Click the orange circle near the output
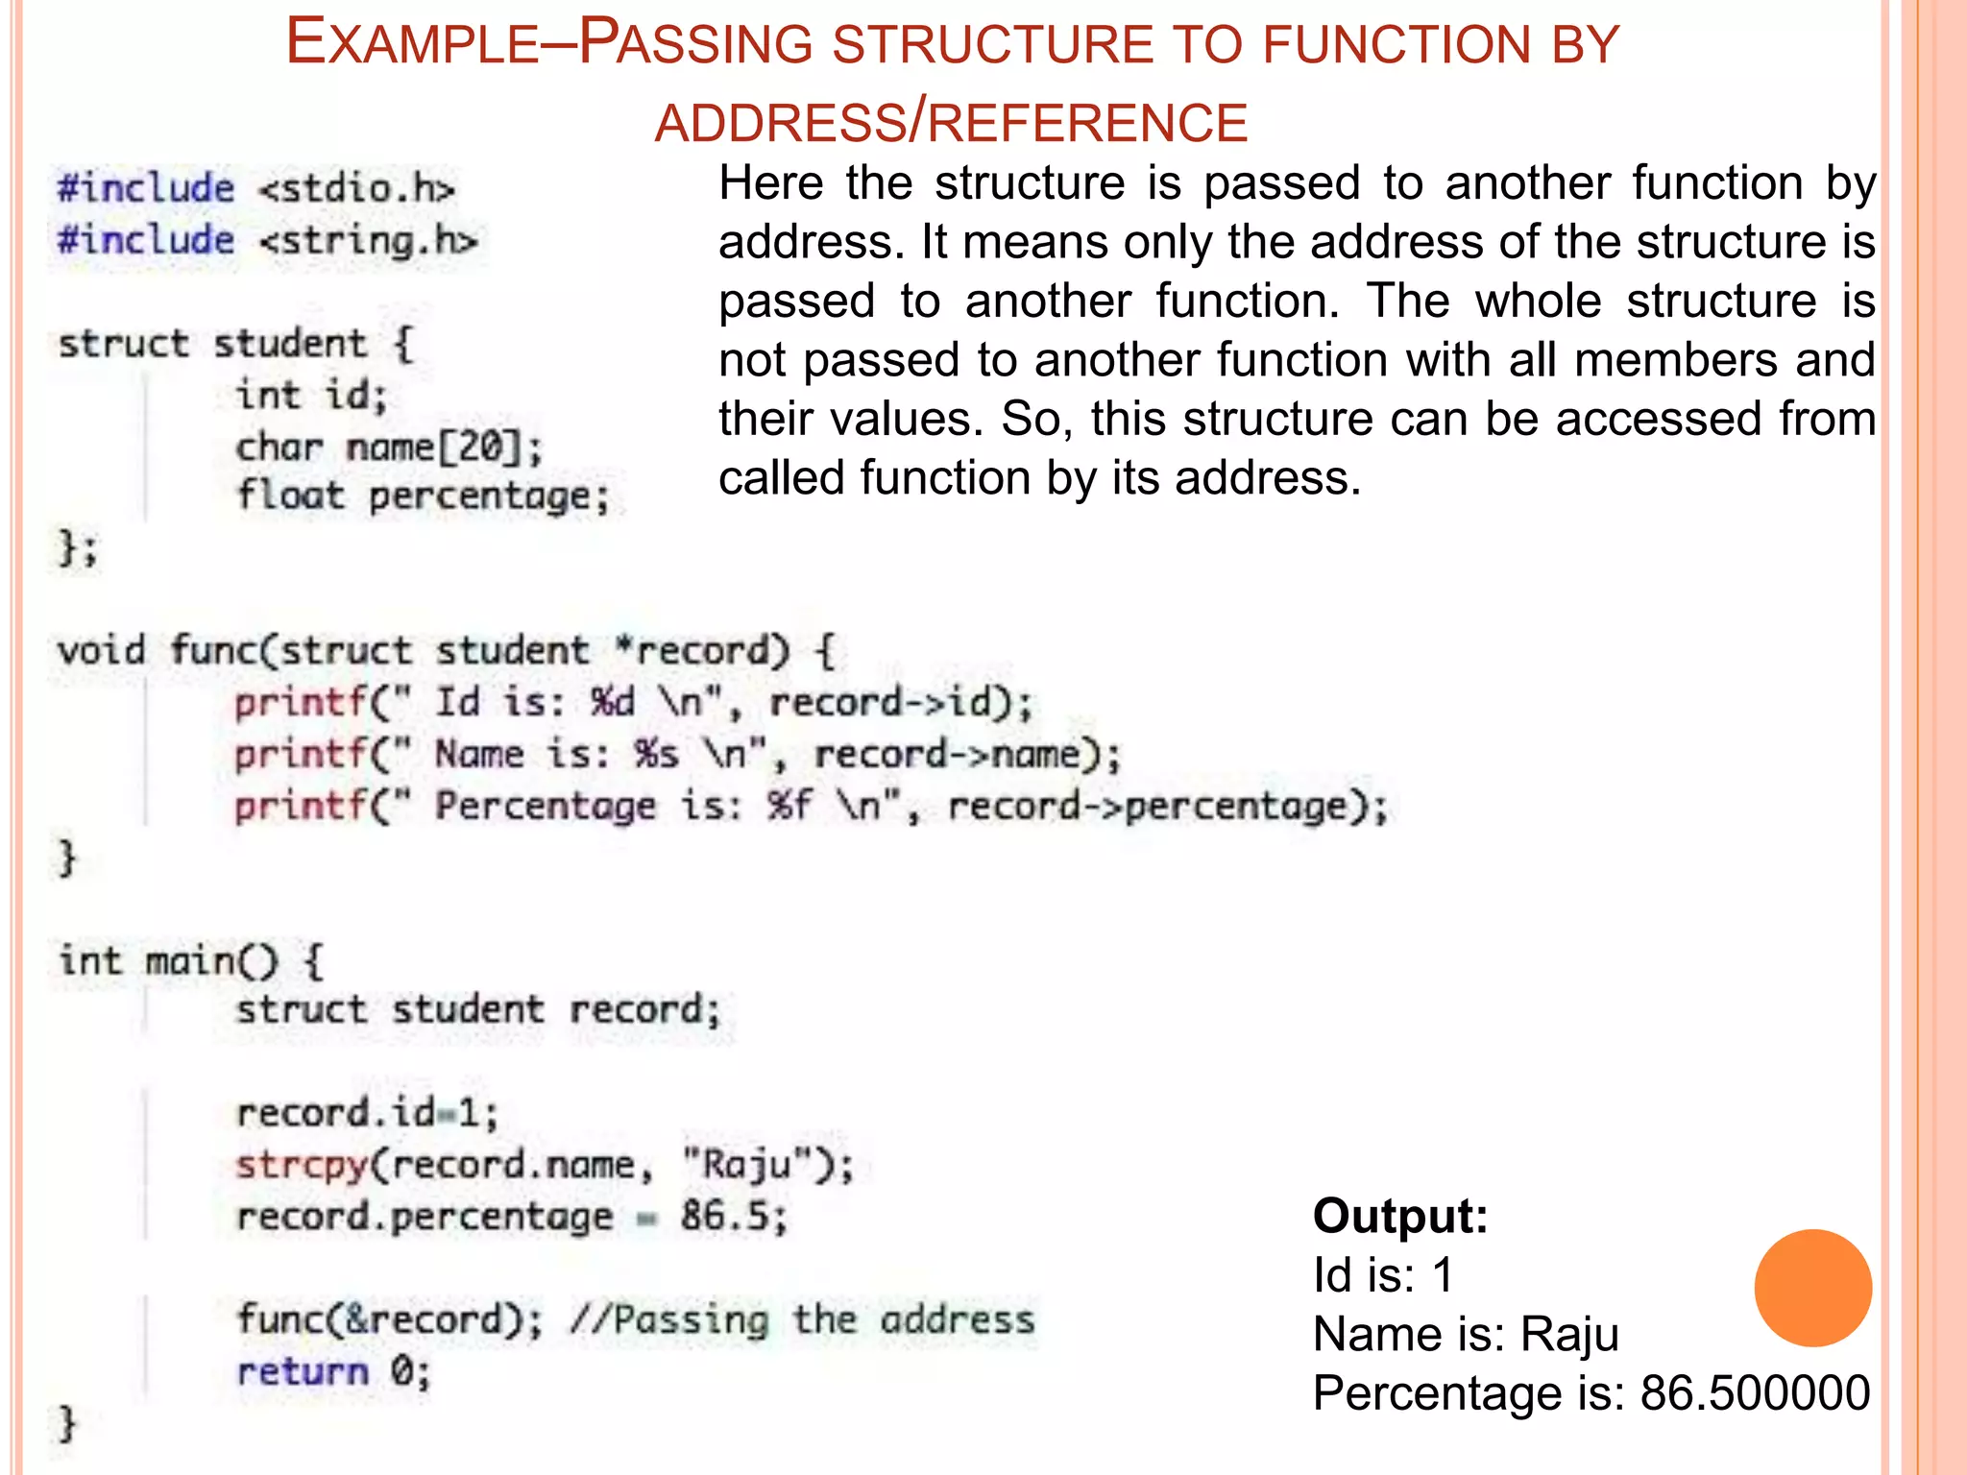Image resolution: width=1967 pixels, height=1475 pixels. pos(1812,1288)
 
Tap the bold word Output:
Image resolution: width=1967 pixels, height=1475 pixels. pos(1400,1217)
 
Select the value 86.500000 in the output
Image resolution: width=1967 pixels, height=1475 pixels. pos(1755,1393)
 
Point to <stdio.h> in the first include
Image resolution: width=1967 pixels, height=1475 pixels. pos(356,188)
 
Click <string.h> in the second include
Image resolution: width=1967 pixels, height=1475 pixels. pos(368,240)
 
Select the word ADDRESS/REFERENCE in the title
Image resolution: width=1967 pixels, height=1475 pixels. pos(951,123)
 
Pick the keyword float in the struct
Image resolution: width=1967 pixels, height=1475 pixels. pos(290,496)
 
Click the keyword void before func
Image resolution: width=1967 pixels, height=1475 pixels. pos(101,650)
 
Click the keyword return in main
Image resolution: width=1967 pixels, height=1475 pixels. pos(303,1371)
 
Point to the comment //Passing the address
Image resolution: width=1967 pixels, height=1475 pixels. pos(802,1319)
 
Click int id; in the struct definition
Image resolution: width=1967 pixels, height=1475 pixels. pos(312,395)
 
